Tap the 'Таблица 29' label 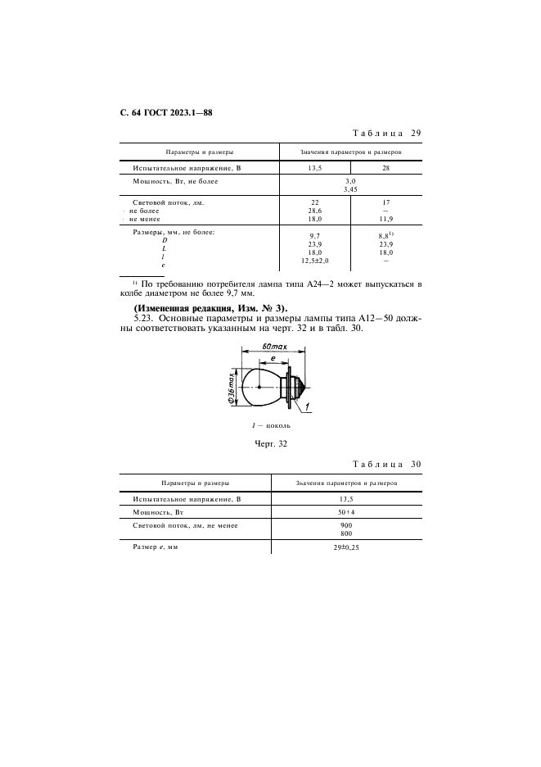[x=386, y=133]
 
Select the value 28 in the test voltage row [x=385, y=168]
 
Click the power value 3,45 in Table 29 [x=350, y=188]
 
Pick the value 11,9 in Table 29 [x=385, y=219]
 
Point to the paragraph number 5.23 [x=143, y=319]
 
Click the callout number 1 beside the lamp [x=304, y=406]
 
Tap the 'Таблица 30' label [x=386, y=465]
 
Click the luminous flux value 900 [x=346, y=524]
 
